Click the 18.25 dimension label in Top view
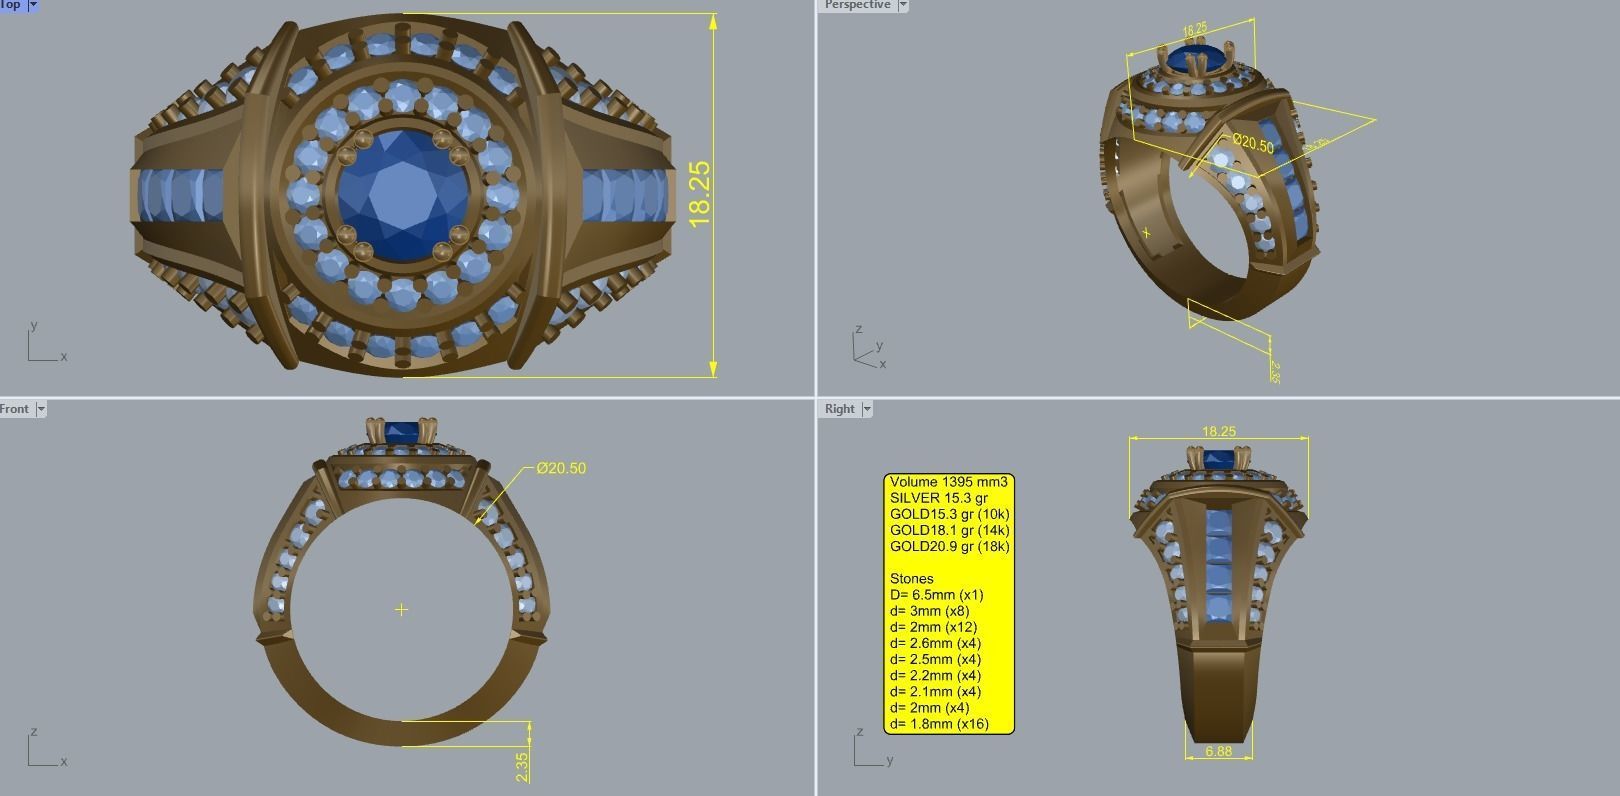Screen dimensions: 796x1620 [700, 193]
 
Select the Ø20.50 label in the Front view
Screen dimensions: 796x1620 [561, 468]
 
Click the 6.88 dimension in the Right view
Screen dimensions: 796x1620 [1218, 751]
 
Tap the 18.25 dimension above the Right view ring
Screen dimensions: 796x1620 [1218, 431]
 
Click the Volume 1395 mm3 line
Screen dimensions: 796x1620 [948, 482]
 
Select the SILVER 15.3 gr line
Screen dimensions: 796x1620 [938, 498]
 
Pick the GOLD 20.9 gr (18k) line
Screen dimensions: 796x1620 [949, 546]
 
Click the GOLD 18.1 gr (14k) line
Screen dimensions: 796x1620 [949, 530]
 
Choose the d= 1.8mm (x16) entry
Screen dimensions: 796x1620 [939, 724]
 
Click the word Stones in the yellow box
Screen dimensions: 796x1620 [911, 579]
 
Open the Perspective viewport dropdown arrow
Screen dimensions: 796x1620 [903, 5]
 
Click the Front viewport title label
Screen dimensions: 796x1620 [15, 409]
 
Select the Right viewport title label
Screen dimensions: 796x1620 [839, 409]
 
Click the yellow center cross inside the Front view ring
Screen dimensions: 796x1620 [401, 609]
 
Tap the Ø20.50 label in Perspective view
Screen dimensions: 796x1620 [1253, 144]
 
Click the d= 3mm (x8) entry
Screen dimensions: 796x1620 [930, 611]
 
